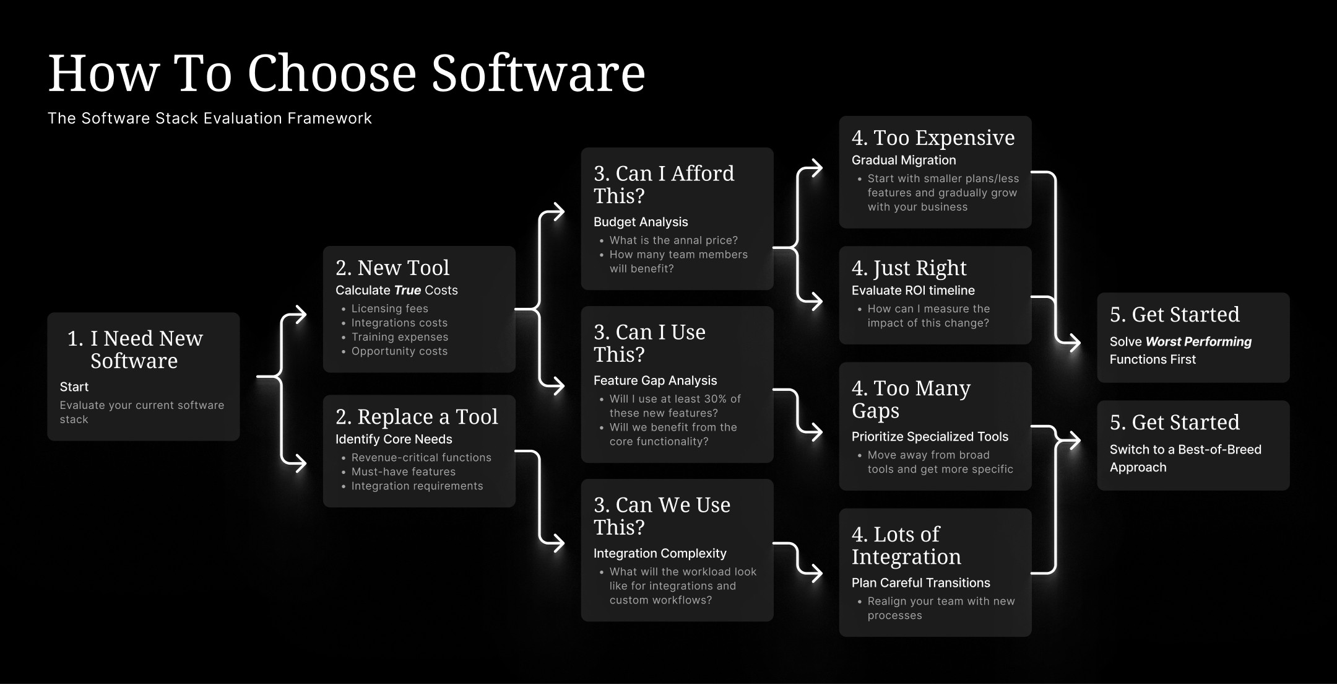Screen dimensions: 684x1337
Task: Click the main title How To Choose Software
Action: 347,73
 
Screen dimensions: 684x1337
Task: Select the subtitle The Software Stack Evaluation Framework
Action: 210,118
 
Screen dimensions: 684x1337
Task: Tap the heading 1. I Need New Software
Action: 135,349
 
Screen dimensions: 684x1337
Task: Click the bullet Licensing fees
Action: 389,309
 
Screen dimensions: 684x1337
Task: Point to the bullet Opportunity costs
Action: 399,351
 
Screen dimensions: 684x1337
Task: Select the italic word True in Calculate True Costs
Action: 407,290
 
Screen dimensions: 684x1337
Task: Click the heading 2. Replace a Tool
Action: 417,417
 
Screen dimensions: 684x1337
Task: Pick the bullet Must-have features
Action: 403,471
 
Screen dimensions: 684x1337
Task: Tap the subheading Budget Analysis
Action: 641,222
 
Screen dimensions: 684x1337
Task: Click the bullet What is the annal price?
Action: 673,240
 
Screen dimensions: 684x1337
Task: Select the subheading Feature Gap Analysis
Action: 655,380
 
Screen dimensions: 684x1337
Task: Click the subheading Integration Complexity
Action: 660,553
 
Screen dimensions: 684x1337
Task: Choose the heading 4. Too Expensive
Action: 933,138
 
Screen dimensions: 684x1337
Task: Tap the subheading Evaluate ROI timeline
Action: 913,291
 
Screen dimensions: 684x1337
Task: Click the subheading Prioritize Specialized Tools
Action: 930,437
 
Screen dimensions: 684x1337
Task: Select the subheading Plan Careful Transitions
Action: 920,583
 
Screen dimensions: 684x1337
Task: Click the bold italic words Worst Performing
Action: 1198,341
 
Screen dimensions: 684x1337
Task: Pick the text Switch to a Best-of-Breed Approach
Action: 1185,458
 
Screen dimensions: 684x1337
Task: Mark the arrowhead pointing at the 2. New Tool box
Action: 300,315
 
